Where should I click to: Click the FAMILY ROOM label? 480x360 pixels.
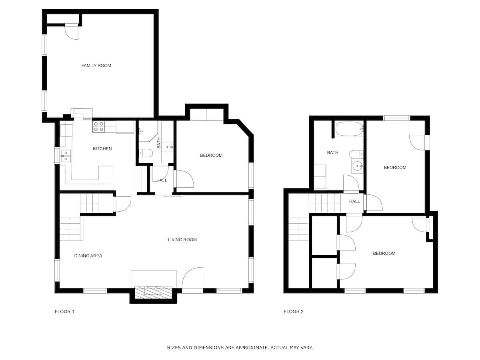(x=96, y=66)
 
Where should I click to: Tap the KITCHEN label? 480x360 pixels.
(x=102, y=149)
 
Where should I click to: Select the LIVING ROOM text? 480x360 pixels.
(x=182, y=240)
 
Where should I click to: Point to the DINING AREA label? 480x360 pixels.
(x=88, y=256)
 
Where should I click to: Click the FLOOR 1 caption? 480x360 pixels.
(x=64, y=312)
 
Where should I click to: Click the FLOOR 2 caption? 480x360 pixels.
(x=294, y=312)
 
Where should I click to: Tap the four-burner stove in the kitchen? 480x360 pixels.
(x=99, y=127)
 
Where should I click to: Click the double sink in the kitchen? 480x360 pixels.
(x=66, y=156)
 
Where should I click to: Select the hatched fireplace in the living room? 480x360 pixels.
(x=153, y=292)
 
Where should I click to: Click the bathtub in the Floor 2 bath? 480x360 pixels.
(x=349, y=129)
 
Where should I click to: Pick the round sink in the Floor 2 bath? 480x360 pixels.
(x=357, y=166)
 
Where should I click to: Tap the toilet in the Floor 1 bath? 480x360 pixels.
(x=146, y=153)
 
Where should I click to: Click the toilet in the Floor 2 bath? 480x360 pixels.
(x=356, y=154)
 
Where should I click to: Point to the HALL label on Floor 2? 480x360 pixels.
(x=354, y=201)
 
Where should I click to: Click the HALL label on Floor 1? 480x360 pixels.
(x=162, y=180)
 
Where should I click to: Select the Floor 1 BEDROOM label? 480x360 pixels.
(x=211, y=156)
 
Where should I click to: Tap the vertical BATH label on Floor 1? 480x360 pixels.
(x=159, y=143)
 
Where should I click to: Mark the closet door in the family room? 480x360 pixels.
(x=72, y=32)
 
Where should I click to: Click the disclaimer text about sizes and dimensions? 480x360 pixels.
(x=240, y=348)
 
